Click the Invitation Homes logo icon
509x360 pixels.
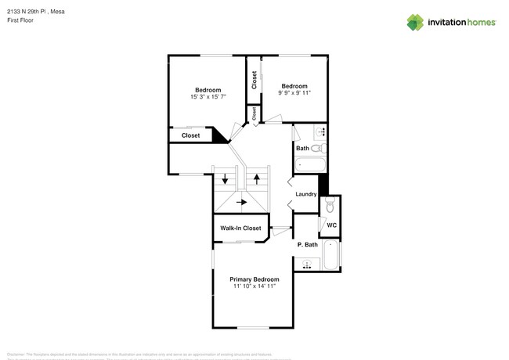tap(416, 22)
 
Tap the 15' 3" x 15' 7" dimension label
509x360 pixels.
tap(208, 97)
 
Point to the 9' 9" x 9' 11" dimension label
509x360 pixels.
tap(294, 93)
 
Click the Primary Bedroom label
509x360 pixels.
tap(254, 279)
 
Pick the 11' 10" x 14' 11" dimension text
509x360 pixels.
tap(254, 286)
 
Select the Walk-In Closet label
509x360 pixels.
tap(240, 229)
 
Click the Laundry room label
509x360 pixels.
tap(305, 194)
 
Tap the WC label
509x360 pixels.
tap(332, 225)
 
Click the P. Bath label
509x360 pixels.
tap(308, 244)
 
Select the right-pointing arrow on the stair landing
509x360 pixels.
tap(241, 202)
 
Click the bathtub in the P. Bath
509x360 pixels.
tap(332, 257)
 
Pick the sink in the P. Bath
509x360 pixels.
tap(307, 265)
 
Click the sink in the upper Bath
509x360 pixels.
tap(321, 131)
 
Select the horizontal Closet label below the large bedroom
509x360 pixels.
tap(190, 135)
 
